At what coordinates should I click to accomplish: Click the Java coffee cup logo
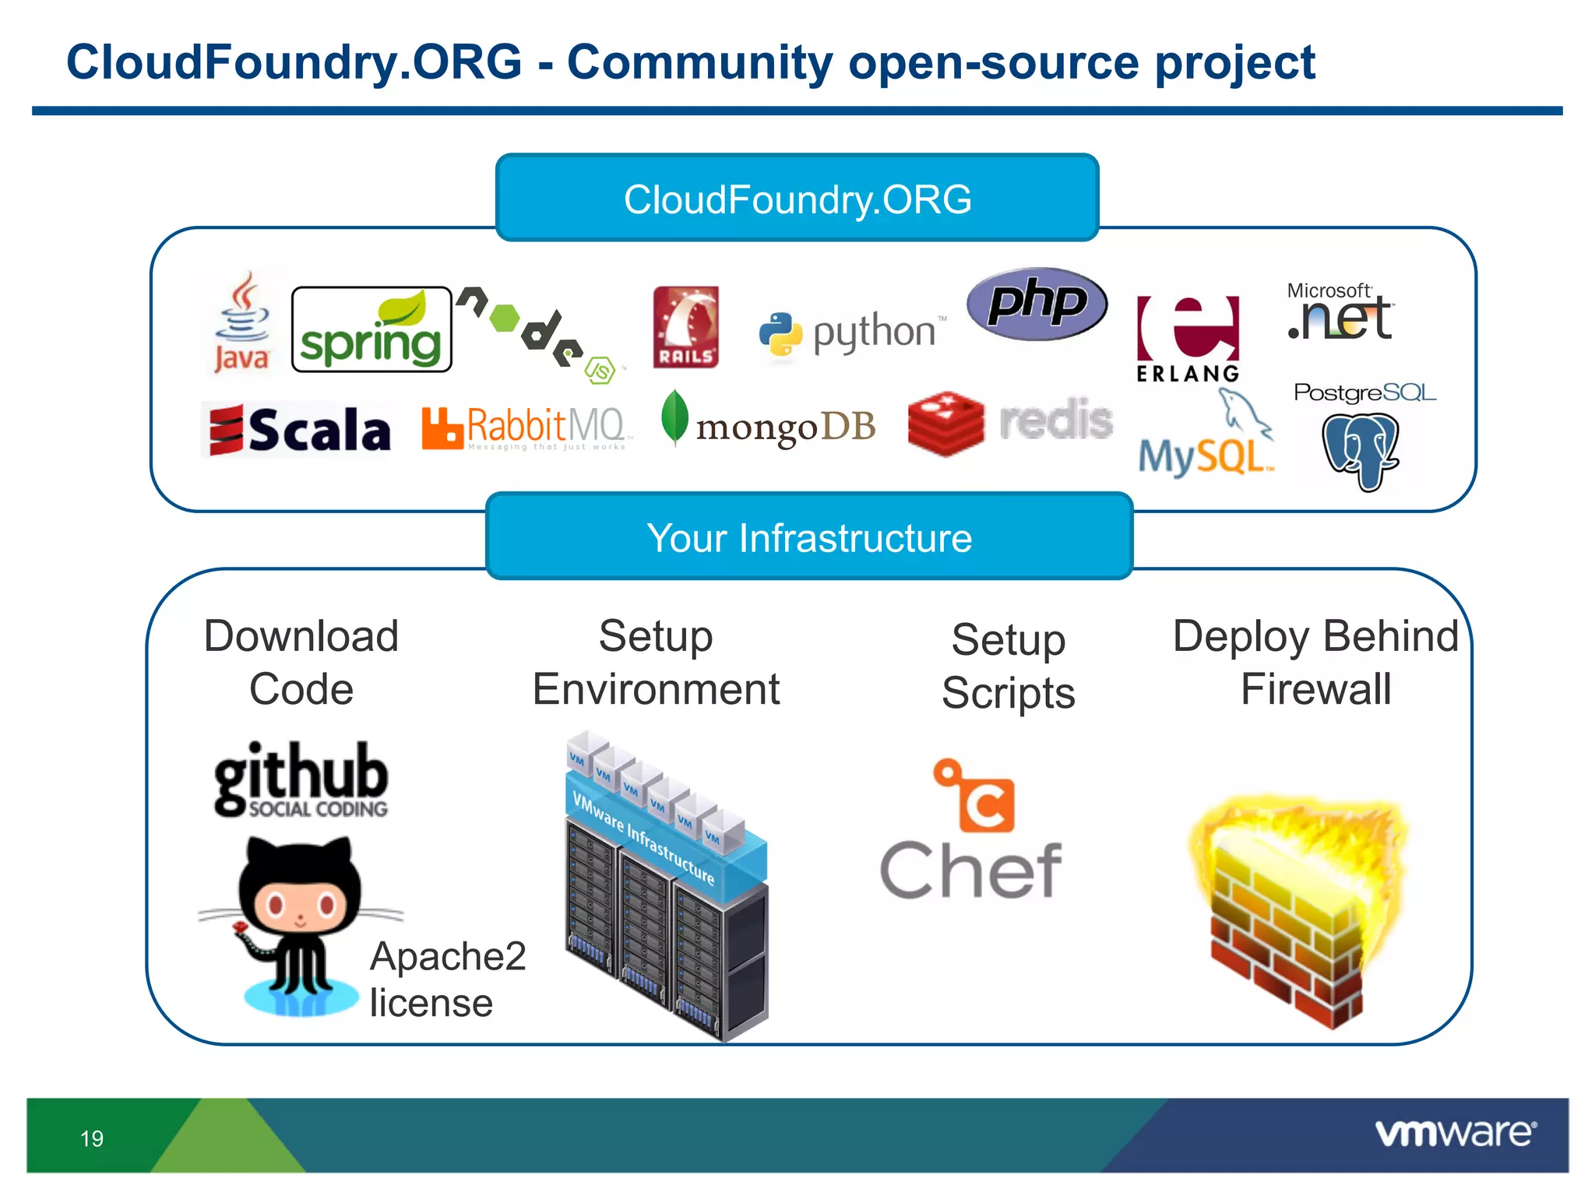(x=243, y=321)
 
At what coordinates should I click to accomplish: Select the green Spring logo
(x=371, y=329)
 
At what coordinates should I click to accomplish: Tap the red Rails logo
(x=685, y=327)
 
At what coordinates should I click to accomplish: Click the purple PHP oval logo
(x=1037, y=304)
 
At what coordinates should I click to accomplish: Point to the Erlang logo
(x=1188, y=339)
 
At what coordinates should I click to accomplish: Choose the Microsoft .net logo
(x=1340, y=312)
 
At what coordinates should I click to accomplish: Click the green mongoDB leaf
(x=674, y=417)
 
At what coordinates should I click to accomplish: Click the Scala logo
(x=299, y=429)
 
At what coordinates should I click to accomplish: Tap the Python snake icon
(x=780, y=333)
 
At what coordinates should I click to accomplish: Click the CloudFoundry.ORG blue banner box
(x=797, y=199)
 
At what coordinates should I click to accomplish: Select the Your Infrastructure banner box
(x=809, y=537)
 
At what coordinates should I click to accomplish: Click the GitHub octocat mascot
(x=300, y=919)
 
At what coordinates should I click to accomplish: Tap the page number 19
(x=92, y=1138)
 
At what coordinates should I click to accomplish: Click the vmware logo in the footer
(x=1455, y=1133)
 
